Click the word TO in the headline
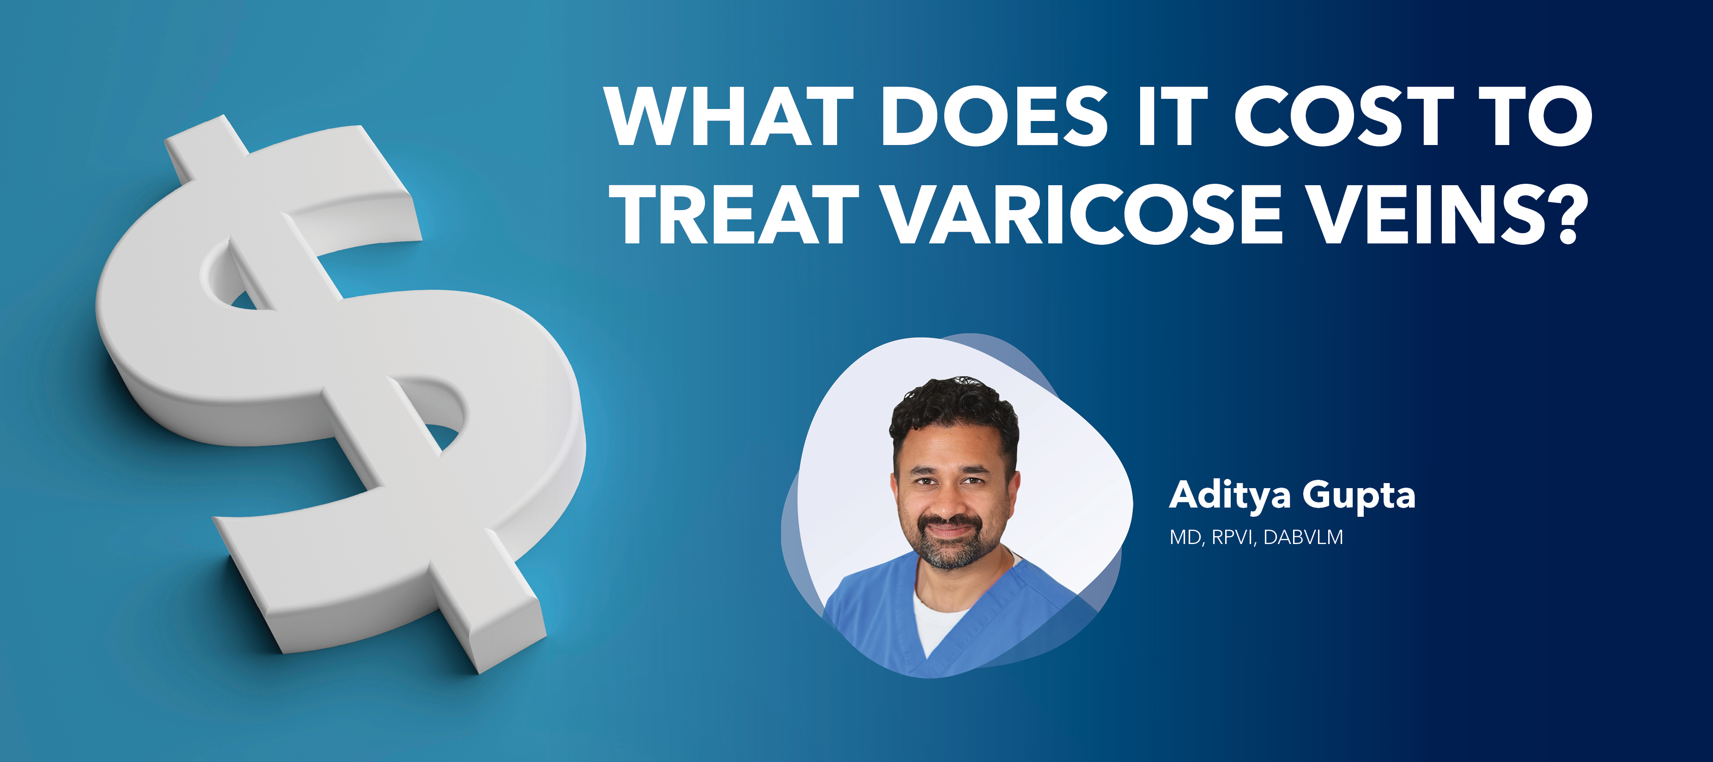click(x=1542, y=116)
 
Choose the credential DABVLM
click(x=1303, y=537)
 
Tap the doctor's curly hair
click(x=954, y=405)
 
